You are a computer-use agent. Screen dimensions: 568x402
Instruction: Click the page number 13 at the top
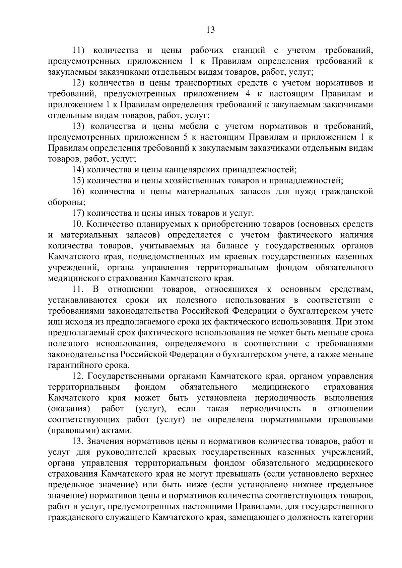click(x=210, y=30)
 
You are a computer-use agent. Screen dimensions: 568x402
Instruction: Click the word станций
click(x=248, y=51)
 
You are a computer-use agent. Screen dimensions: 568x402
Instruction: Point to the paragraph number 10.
click(x=78, y=224)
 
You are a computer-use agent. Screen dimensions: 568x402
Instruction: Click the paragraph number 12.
click(x=78, y=376)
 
